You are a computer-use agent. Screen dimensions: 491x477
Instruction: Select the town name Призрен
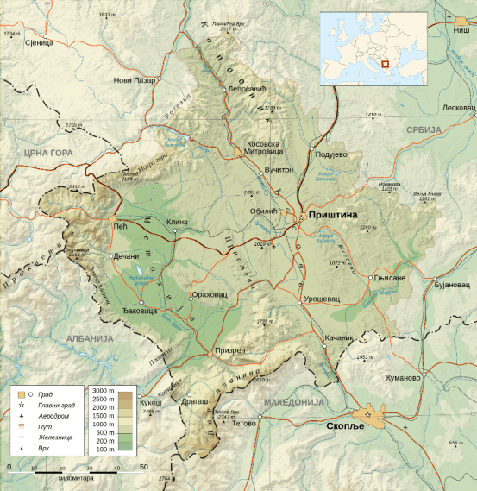(229, 351)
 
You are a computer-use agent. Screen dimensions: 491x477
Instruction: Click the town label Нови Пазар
(135, 80)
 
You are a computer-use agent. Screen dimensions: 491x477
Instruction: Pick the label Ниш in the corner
(461, 29)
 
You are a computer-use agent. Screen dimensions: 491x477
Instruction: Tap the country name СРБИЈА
(424, 129)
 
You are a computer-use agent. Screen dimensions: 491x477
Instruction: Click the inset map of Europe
(373, 48)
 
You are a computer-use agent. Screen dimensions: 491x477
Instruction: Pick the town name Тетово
(244, 423)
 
